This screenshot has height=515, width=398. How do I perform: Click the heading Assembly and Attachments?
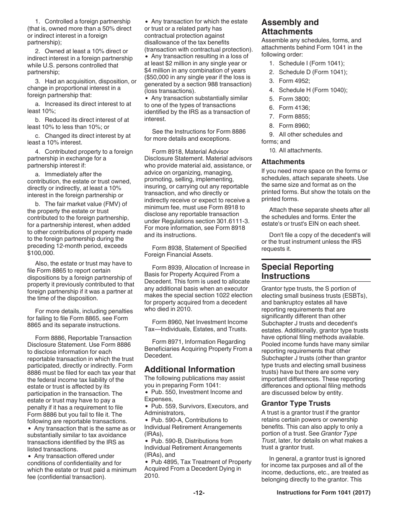click(x=290, y=27)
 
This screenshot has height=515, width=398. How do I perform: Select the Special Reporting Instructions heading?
click(x=297, y=271)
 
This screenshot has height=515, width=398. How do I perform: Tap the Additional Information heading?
click(x=189, y=369)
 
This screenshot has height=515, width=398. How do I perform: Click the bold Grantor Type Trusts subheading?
click(x=296, y=403)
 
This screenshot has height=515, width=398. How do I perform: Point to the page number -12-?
click(x=199, y=493)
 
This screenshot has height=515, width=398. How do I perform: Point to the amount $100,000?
click(x=41, y=253)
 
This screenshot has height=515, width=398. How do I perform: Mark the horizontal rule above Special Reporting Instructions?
click(x=316, y=260)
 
